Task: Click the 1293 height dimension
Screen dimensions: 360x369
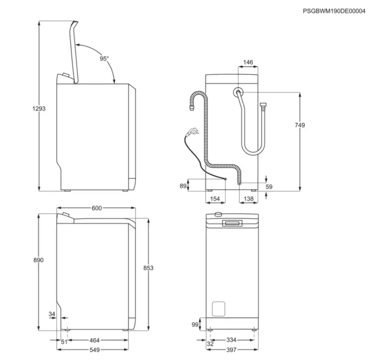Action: pos(39,108)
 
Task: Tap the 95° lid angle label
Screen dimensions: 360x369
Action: pos(104,59)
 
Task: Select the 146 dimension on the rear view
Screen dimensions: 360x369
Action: pos(248,62)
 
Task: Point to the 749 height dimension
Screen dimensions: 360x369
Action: pos(300,125)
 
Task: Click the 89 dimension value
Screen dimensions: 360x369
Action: pos(182,186)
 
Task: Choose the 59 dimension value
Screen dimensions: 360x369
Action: pos(270,186)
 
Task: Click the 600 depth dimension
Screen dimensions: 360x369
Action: pos(96,208)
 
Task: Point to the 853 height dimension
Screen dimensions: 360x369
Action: pos(149,268)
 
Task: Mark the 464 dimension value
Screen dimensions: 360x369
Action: pos(95,341)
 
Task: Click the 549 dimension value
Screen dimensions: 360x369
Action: pos(95,350)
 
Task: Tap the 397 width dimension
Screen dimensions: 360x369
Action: pos(232,350)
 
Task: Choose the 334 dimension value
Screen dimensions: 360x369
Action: pos(232,341)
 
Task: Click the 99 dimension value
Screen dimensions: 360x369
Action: pos(195,325)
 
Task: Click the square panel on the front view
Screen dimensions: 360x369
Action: pos(218,308)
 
